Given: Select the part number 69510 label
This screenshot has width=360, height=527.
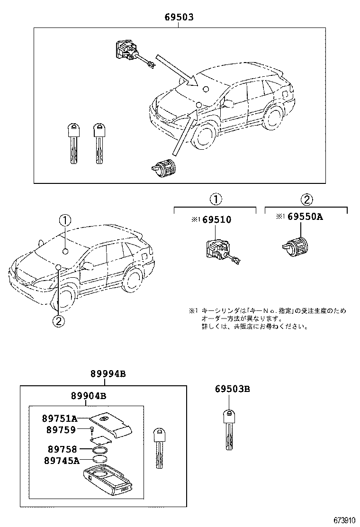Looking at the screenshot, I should pyautogui.click(x=218, y=219).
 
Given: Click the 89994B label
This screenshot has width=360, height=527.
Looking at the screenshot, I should pyautogui.click(x=108, y=374).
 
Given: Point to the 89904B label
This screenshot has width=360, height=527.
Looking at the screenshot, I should pyautogui.click(x=88, y=396).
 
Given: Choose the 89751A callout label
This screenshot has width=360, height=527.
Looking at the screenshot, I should pyautogui.click(x=59, y=418).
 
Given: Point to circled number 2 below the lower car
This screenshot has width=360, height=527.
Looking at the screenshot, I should pyautogui.click(x=57, y=321).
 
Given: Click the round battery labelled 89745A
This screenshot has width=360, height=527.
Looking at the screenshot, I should pyautogui.click(x=100, y=459).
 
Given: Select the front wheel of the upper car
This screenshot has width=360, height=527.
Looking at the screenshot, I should pyautogui.click(x=205, y=135).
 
